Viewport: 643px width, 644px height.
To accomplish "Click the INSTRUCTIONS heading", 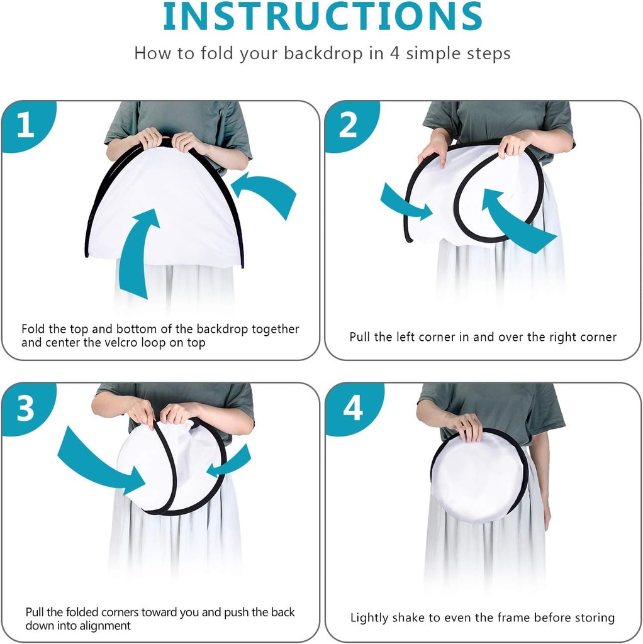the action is (323, 16).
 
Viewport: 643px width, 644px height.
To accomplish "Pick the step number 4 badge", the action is (352, 408).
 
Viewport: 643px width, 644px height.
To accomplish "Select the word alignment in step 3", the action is (105, 626).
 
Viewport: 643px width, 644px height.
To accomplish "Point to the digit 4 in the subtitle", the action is (394, 53).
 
